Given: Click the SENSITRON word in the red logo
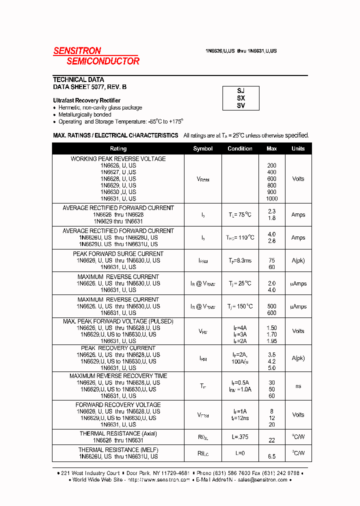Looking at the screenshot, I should [77, 50].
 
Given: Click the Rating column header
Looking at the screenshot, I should [118, 148].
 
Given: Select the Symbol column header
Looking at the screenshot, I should [202, 148].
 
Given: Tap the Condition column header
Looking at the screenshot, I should [240, 148].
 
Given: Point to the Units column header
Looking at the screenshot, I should [298, 148].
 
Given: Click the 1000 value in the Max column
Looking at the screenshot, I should [271, 198].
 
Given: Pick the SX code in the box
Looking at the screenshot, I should [241, 98].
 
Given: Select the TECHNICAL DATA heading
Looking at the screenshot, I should [78, 79].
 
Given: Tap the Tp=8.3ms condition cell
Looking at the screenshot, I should [240, 260].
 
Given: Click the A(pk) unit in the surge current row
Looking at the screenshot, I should [298, 260].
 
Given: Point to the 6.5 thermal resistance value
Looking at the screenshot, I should [271, 456].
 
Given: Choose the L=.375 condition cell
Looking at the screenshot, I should [240, 437].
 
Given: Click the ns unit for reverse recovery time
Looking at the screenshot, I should [298, 385].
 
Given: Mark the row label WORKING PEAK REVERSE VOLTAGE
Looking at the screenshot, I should [118, 159].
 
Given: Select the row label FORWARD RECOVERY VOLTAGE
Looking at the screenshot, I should [118, 405].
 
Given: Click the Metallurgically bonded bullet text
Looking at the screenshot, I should [84, 114].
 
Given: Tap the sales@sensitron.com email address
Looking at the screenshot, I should [262, 479].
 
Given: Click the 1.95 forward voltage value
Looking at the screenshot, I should [271, 340].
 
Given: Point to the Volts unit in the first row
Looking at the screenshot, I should [298, 178].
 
